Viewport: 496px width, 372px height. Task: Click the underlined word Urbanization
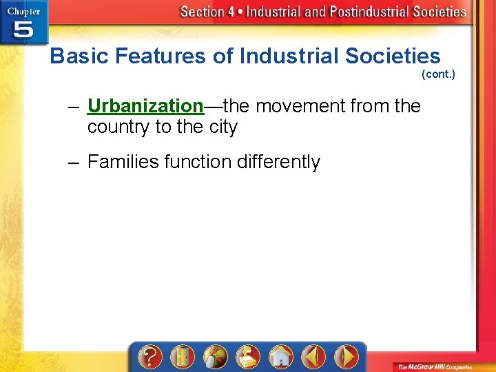coord(145,106)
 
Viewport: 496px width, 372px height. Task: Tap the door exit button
coord(182,357)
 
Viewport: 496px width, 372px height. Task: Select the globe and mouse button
coord(214,357)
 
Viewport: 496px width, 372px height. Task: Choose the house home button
coord(280,357)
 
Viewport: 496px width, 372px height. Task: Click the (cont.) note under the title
coord(438,74)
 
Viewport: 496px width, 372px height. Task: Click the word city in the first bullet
coord(223,127)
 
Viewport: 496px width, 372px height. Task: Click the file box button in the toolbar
coord(247,357)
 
